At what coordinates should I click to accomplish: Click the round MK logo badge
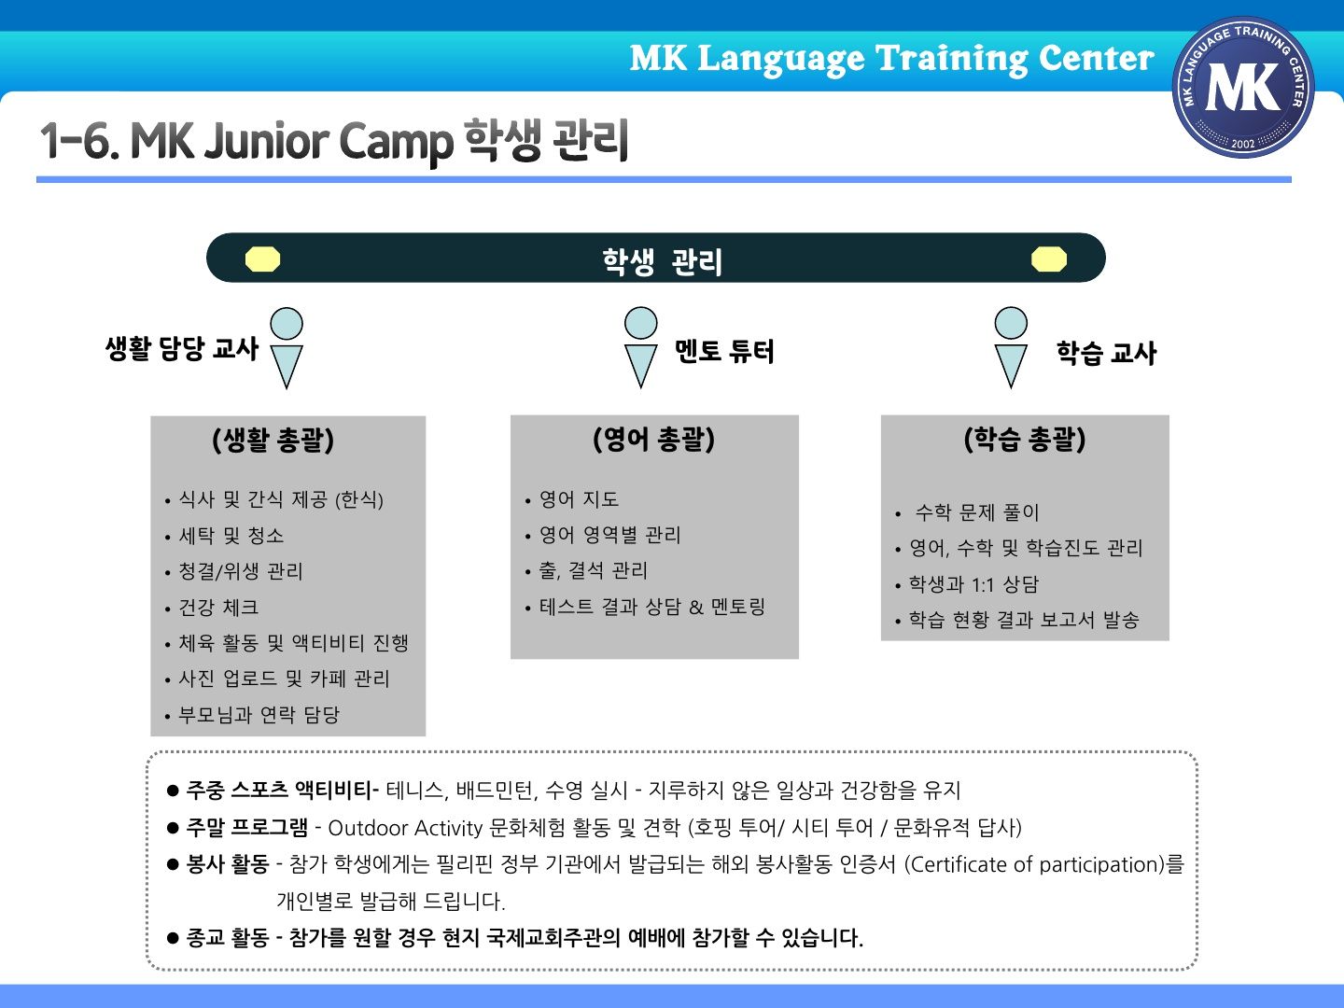pyautogui.click(x=1243, y=87)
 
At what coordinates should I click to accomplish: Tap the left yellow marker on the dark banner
pyautogui.click(x=262, y=259)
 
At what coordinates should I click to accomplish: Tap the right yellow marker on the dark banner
pyautogui.click(x=1048, y=259)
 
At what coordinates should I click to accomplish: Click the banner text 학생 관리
pyautogui.click(x=662, y=261)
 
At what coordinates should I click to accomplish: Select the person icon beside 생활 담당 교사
pyautogui.click(x=287, y=347)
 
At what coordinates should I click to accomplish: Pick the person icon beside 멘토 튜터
pyautogui.click(x=640, y=347)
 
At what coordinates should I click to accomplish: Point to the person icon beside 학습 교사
pyautogui.click(x=1011, y=347)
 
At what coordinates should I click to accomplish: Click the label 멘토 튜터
pyautogui.click(x=723, y=351)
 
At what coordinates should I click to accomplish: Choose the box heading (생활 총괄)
pyautogui.click(x=273, y=440)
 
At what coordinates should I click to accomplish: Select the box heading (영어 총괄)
pyautogui.click(x=653, y=439)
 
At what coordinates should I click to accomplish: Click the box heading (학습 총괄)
pyautogui.click(x=1025, y=439)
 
